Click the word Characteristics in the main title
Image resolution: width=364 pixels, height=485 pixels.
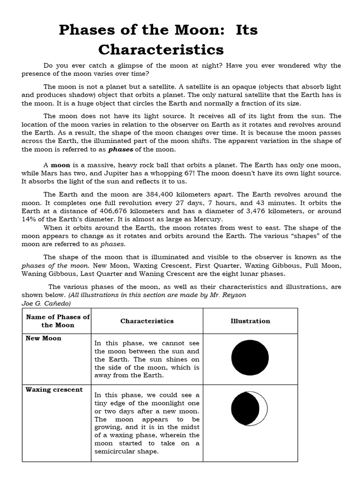coord(161,49)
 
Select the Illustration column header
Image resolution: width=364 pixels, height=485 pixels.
coord(250,321)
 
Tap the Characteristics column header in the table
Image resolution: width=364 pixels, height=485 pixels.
coord(147,321)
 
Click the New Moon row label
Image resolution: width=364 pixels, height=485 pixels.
coord(43,338)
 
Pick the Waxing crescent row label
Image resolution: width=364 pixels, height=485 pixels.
coord(54,389)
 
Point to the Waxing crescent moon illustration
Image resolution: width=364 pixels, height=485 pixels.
coord(249,408)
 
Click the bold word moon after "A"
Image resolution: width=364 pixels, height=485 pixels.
coord(60,165)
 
